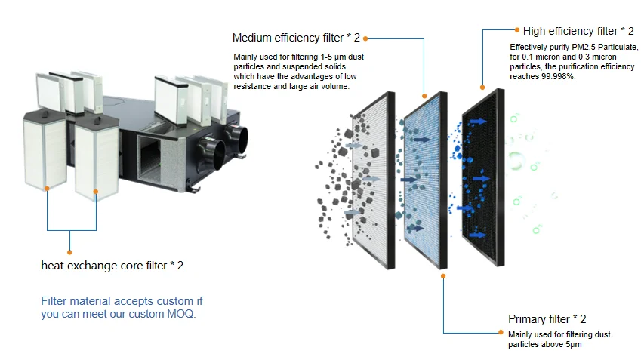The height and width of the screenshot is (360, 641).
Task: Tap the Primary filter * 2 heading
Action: (547, 319)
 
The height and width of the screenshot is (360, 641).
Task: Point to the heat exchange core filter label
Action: (112, 266)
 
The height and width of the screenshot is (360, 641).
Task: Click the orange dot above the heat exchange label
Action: (69, 252)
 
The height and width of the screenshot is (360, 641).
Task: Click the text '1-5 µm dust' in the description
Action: (339, 57)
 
